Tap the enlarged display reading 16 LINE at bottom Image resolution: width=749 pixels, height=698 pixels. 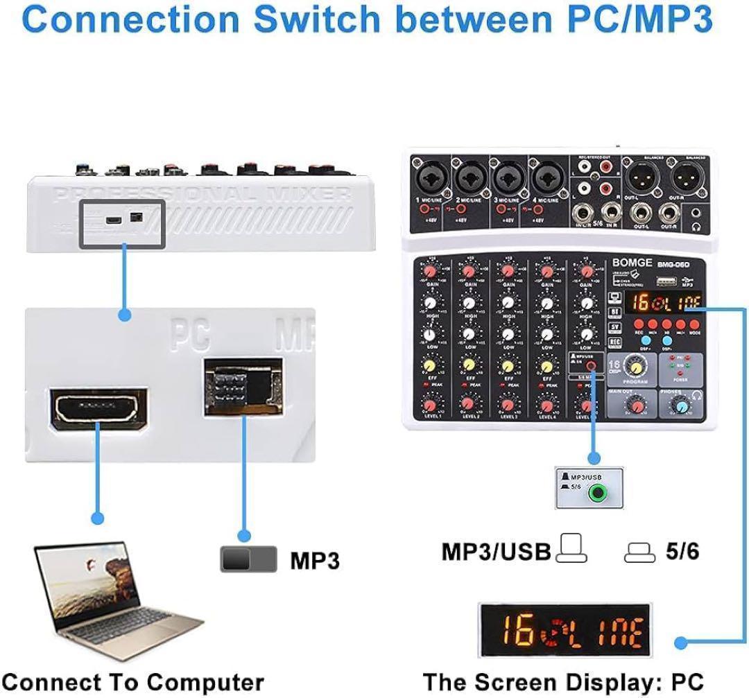pyautogui.click(x=565, y=631)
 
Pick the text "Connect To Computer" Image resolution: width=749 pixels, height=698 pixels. pyautogui.click(x=133, y=682)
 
